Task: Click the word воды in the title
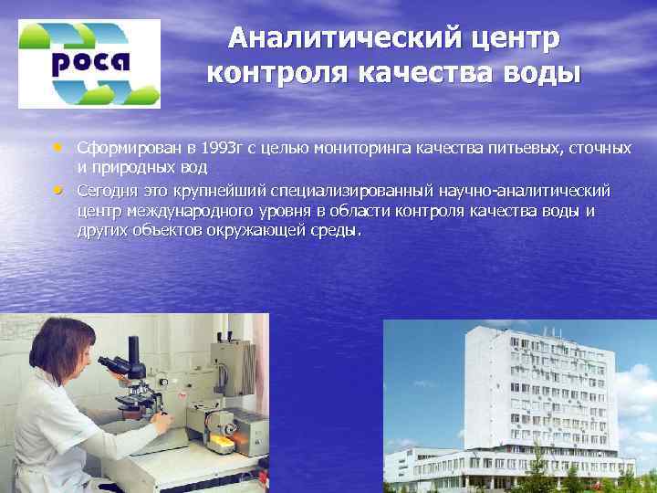pyautogui.click(x=537, y=71)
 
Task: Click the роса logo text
pyautogui.click(x=89, y=64)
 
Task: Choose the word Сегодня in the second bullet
pyautogui.click(x=108, y=190)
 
